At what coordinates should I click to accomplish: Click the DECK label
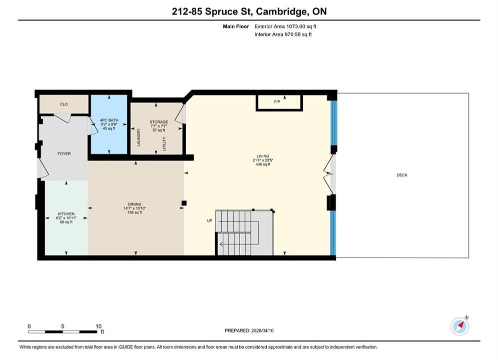tap(402, 175)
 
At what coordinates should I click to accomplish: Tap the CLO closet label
tap(64, 104)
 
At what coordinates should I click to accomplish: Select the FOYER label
tap(64, 153)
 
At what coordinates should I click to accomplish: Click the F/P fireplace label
tap(277, 102)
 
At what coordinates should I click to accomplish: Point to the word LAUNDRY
tap(139, 137)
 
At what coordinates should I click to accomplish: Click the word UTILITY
tap(164, 143)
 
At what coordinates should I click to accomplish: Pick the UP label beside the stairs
tap(209, 221)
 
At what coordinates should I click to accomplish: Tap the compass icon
tap(459, 325)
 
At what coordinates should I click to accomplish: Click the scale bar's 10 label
tap(99, 326)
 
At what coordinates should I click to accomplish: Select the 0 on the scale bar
tap(29, 326)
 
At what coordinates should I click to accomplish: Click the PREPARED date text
tap(249, 330)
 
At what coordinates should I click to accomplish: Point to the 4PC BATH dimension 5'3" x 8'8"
tap(109, 124)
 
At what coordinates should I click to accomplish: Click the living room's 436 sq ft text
tap(263, 164)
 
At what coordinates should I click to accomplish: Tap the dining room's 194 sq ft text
tap(135, 212)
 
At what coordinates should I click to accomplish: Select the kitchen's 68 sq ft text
tap(66, 222)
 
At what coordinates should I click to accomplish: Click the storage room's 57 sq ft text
tap(159, 130)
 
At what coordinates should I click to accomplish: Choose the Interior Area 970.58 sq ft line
tap(283, 34)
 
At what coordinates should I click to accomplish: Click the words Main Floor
tap(236, 26)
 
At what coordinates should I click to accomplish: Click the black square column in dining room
tap(184, 203)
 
